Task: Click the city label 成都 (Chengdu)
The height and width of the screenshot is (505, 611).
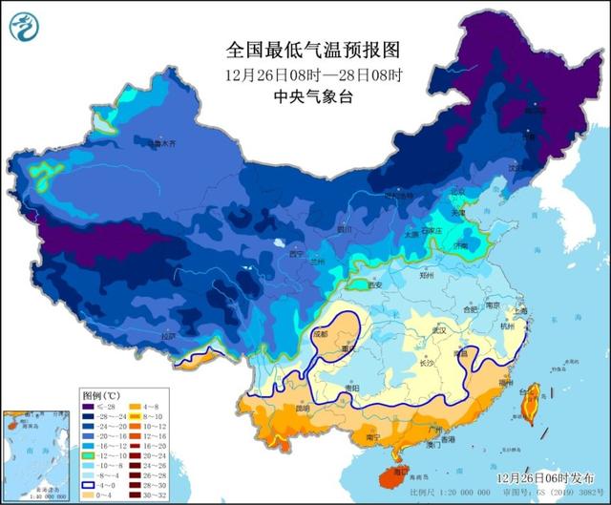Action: (320, 335)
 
